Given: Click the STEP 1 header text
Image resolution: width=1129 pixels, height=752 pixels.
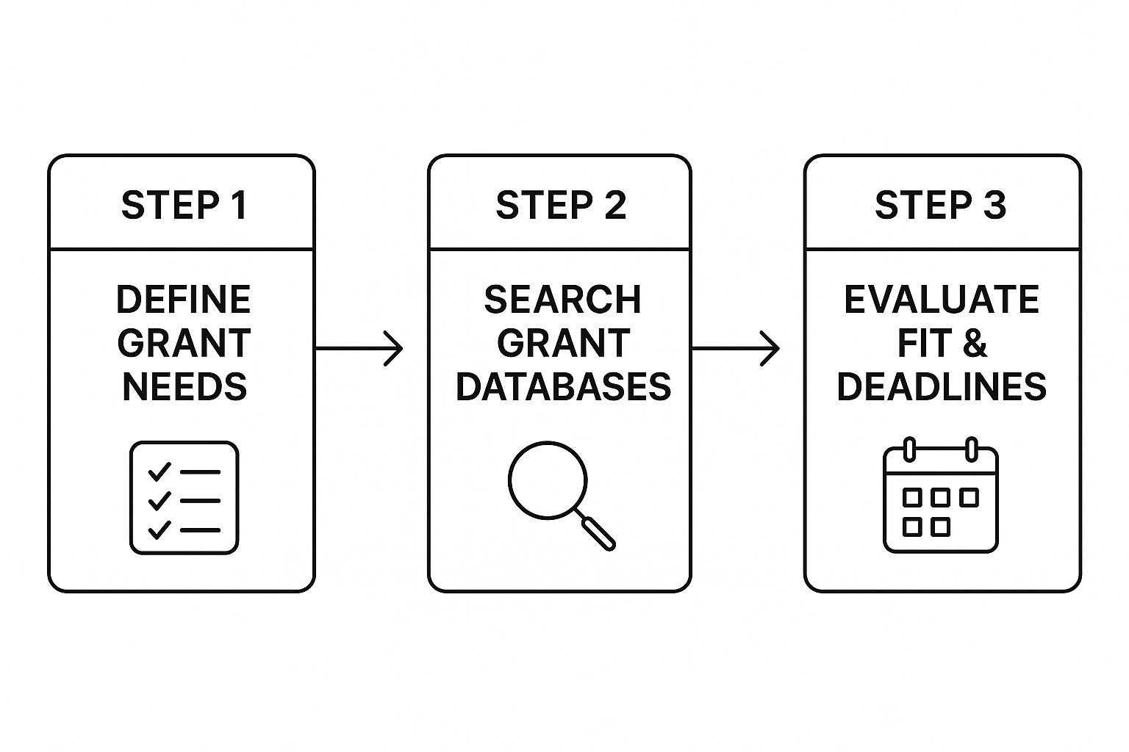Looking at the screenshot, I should pos(184,205).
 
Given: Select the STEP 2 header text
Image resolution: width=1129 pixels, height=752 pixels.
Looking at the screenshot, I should pos(561,205).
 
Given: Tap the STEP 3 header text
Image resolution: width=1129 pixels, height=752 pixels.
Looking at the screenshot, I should pos(940,205).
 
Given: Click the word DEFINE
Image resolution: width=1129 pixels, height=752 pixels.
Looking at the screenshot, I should pos(184,300).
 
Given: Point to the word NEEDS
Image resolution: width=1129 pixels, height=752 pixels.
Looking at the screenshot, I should pos(184,387).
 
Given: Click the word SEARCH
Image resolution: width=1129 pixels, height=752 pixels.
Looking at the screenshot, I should pos(562,300).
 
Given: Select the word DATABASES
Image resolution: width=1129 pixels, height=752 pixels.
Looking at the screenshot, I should pos(563,387).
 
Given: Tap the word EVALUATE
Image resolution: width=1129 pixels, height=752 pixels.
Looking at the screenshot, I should pos(941,300).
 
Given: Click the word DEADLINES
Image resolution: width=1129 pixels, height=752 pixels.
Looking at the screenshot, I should pos(941,387).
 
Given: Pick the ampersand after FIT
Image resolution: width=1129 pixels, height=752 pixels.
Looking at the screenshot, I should pos(975,343).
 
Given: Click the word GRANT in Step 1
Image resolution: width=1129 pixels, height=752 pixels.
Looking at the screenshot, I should pos(184,343).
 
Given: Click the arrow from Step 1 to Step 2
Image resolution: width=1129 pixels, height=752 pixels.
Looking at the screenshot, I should pos(360,349).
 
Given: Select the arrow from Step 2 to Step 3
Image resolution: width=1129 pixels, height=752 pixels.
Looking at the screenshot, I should pos(736,349).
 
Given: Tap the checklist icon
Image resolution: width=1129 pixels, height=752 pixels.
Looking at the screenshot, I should pos(184,498).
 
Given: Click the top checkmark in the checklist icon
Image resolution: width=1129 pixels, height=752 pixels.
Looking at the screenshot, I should pos(159,471).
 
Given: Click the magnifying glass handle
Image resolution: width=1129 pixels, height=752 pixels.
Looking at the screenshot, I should pos(598,532).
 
